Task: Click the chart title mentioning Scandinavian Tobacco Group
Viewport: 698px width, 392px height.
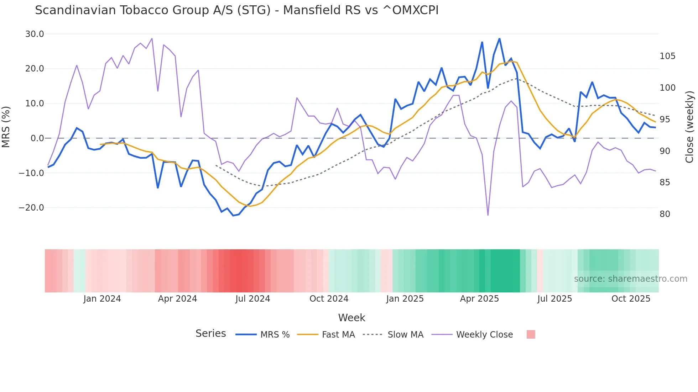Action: [236, 10]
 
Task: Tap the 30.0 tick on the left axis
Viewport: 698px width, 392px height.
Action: [35, 34]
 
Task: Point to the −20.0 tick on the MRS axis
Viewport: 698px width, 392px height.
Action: [32, 208]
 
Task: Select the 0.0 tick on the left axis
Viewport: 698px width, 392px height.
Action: [37, 138]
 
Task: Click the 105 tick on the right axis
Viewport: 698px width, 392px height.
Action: [667, 56]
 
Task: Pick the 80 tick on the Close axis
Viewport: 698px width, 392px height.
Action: [665, 214]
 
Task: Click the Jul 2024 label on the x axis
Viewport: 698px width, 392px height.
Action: [252, 299]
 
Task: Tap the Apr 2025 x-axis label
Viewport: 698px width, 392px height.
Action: [479, 299]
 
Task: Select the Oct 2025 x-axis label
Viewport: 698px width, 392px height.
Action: [631, 299]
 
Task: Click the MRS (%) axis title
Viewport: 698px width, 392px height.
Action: [6, 127]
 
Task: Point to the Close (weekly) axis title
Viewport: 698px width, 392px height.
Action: [690, 127]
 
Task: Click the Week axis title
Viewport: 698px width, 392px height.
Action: [351, 318]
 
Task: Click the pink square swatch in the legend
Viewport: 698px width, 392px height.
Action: [531, 334]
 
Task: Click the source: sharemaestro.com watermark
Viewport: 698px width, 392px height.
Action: [630, 279]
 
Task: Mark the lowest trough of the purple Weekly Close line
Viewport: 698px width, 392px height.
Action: [488, 215]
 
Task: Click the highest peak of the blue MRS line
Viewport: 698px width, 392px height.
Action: [499, 39]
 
